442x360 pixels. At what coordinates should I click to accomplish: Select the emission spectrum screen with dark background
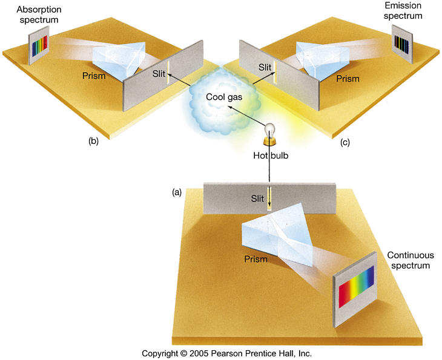pos(401,42)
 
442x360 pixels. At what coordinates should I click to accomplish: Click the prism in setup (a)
pos(279,233)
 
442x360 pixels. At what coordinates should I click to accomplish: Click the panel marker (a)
pos(177,192)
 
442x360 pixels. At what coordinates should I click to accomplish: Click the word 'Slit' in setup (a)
pos(259,198)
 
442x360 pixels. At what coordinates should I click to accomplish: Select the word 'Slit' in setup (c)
pos(265,67)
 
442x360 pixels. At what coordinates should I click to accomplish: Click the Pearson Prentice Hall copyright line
pos(226,353)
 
